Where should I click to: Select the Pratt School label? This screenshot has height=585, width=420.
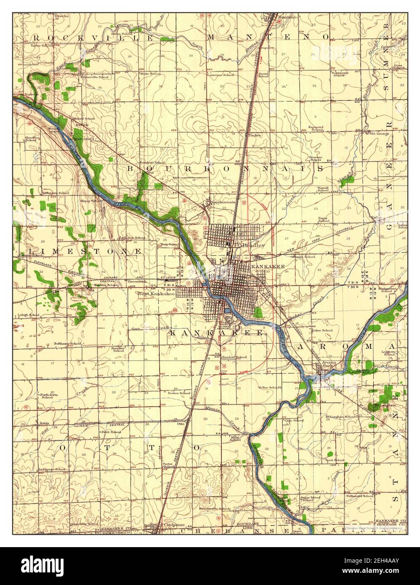(110, 432)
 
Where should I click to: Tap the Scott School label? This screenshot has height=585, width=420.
(335, 460)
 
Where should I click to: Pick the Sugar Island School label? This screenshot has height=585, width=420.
(307, 498)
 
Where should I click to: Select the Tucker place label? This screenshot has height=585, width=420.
(255, 136)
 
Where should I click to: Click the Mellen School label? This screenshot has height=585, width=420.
(269, 387)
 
